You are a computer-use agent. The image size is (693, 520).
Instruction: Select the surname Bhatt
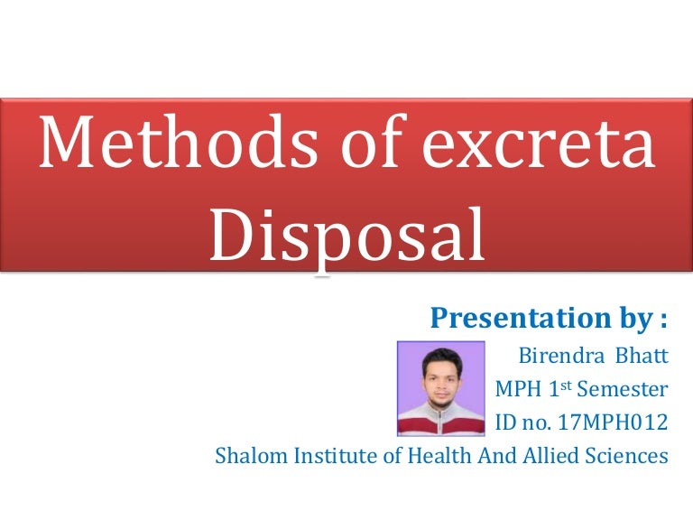point(642,356)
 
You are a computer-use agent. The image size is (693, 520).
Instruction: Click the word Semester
point(624,389)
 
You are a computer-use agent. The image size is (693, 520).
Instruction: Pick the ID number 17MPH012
point(618,422)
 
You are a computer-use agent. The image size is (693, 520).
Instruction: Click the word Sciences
point(631,456)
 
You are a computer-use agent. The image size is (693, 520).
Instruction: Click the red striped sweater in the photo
point(441,420)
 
